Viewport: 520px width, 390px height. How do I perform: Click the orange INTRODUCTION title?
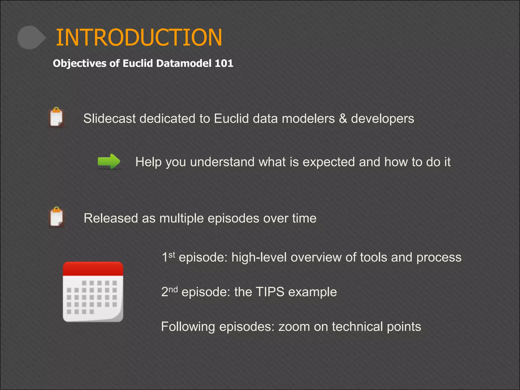139,38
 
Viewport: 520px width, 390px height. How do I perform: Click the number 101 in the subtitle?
224,63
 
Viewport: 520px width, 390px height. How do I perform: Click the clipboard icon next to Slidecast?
56,117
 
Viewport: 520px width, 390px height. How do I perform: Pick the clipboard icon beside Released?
56,217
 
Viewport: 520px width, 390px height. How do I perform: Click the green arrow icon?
109,161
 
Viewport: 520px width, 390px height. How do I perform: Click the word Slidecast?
109,119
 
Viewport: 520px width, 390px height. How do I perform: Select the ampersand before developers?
343,119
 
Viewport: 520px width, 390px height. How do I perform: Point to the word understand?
222,162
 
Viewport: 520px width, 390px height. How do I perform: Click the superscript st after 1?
172,254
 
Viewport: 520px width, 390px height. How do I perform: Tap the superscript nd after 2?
173,289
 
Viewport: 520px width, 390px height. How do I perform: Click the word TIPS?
270,292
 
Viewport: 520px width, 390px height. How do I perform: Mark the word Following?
188,327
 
